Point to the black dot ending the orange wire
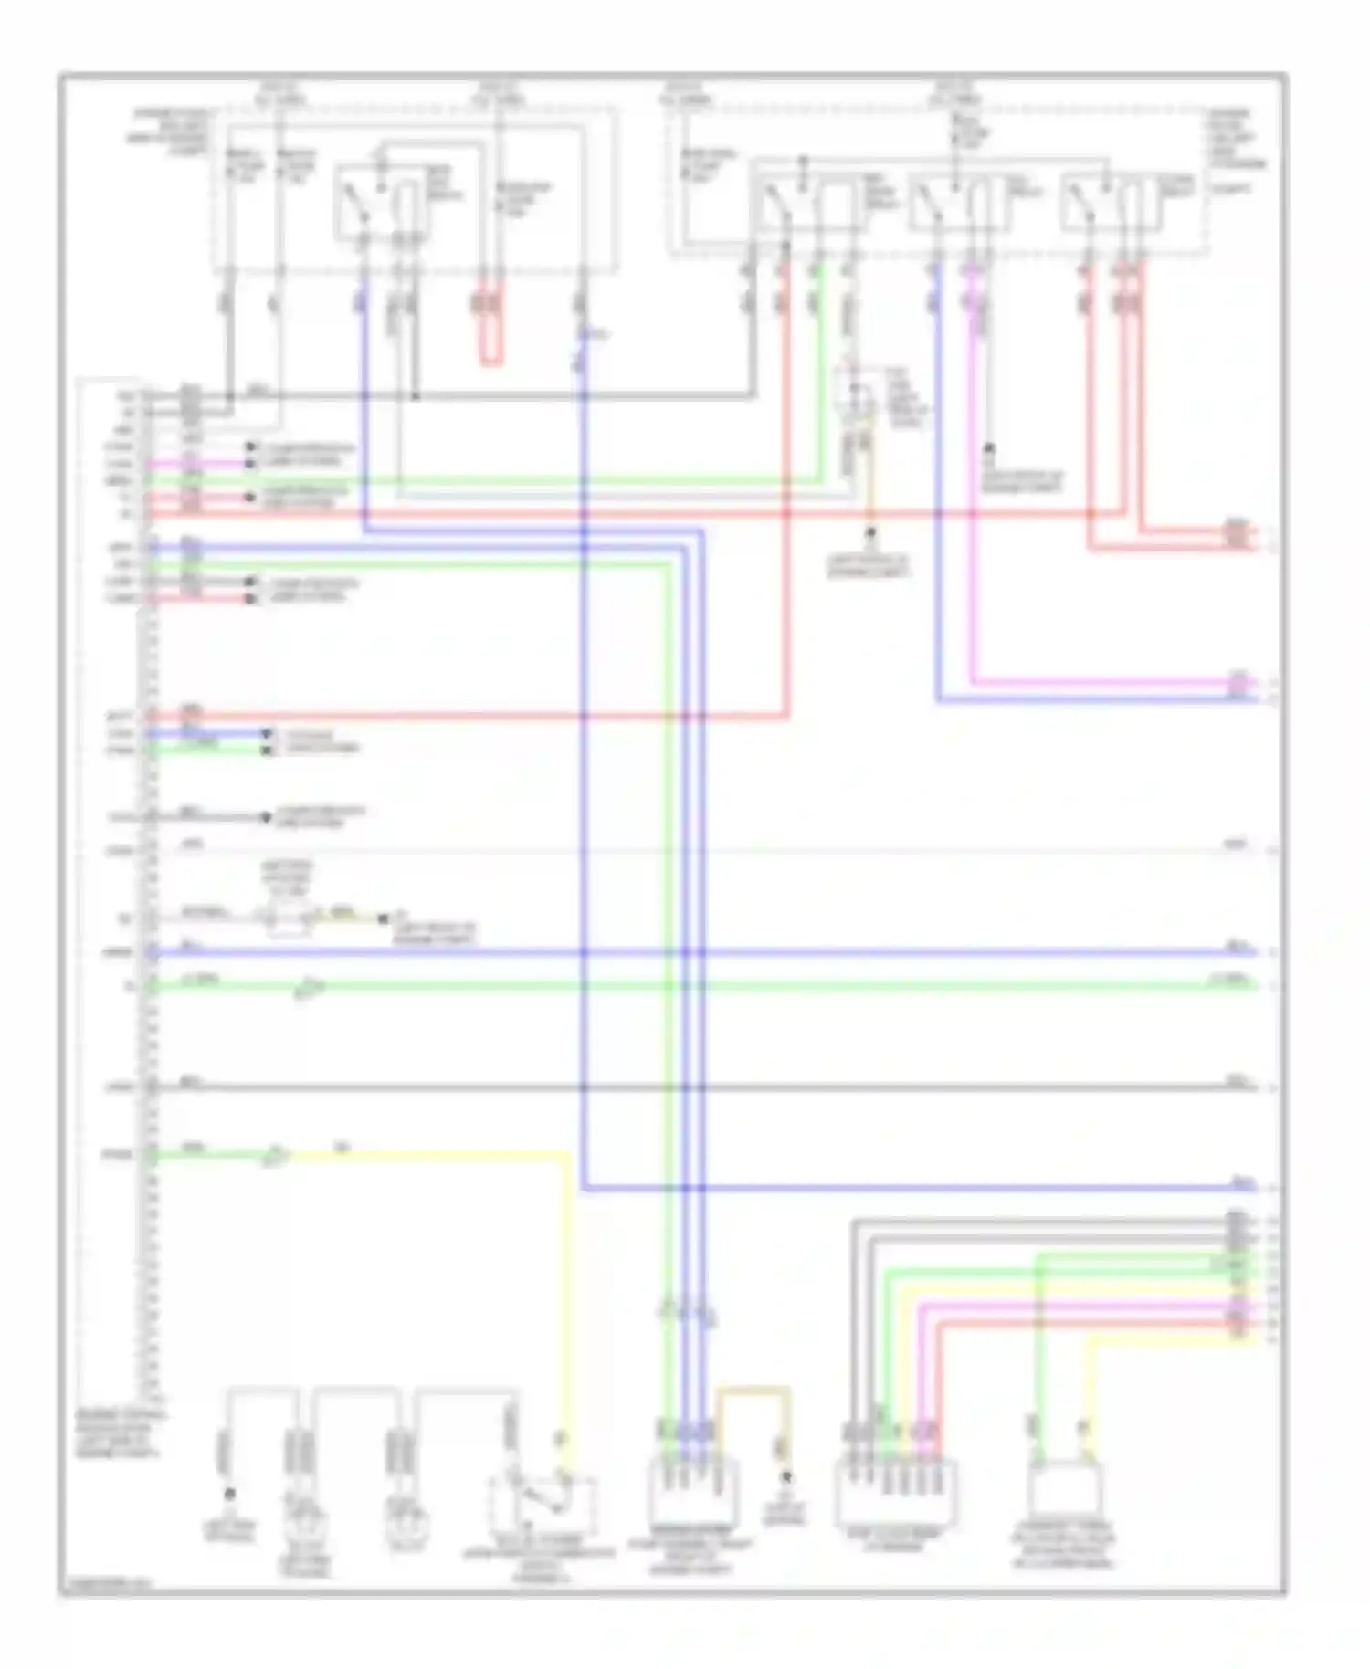(x=870, y=531)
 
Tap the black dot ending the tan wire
(x=785, y=1476)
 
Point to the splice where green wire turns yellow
(x=275, y=1157)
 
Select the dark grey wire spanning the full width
(x=694, y=1087)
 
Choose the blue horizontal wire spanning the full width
(x=694, y=953)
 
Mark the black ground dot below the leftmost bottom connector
(x=229, y=1494)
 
